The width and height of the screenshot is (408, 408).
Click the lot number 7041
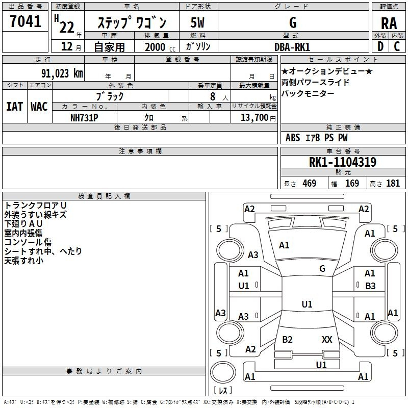(25, 21)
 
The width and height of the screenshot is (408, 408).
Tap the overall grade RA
(389, 23)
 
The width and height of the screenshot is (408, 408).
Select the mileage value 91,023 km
(62, 73)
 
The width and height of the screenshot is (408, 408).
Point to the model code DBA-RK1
(292, 47)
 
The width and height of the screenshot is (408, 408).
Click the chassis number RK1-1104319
(342, 162)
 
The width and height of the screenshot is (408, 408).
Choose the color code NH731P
(84, 118)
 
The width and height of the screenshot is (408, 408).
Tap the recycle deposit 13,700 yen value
(258, 118)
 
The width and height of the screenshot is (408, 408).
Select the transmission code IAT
(14, 107)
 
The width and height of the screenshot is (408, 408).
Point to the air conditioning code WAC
(39, 107)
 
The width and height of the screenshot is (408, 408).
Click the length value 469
(309, 183)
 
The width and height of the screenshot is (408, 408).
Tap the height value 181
(393, 183)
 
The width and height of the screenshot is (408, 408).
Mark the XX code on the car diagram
(327, 339)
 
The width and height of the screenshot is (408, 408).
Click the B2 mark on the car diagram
(287, 339)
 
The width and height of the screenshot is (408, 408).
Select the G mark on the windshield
(322, 268)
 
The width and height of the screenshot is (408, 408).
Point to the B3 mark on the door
(370, 286)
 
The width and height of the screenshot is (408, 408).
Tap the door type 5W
(198, 22)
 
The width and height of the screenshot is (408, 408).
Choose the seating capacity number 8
(213, 96)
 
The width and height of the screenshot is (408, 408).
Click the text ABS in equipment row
(293, 138)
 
